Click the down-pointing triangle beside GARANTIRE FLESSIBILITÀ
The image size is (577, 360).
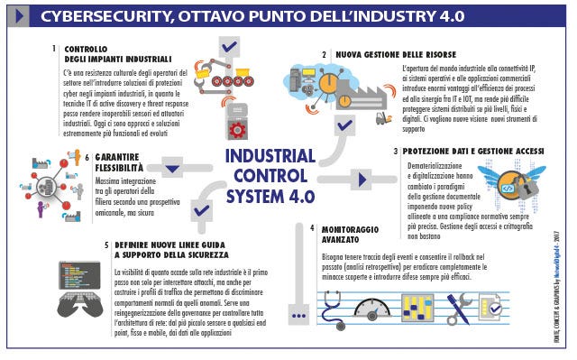click(174, 166)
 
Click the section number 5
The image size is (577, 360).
click(106, 244)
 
